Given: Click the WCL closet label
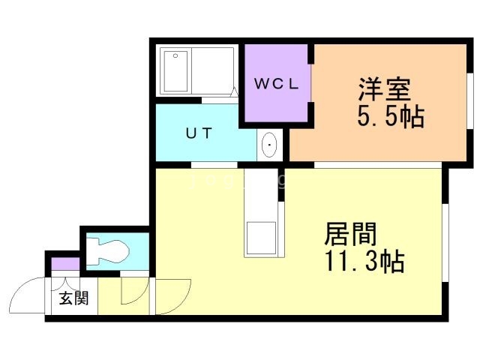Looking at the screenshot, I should pyautogui.click(x=276, y=84).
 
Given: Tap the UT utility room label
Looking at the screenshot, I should pyautogui.click(x=199, y=134).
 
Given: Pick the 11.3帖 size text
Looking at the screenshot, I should pyautogui.click(x=364, y=262).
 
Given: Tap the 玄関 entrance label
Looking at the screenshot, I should pyautogui.click(x=74, y=298).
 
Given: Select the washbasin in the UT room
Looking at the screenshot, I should pyautogui.click(x=269, y=143).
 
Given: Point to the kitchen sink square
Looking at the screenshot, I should pyautogui.click(x=262, y=237).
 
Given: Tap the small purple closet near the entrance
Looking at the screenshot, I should pyautogui.click(x=65, y=264).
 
